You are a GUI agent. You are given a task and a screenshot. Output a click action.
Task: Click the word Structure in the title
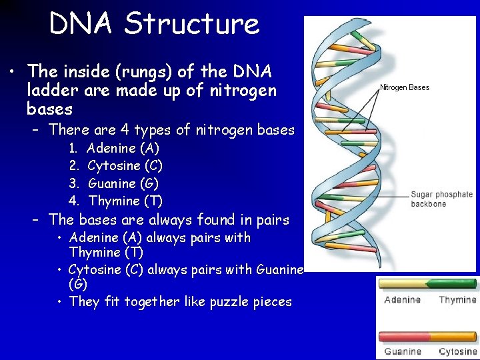click(x=192, y=24)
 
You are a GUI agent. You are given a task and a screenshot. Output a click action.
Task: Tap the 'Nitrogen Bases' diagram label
click(x=405, y=87)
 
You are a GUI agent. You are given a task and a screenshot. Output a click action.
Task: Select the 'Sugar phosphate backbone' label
click(x=441, y=199)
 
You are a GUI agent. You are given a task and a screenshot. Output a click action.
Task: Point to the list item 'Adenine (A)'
click(x=123, y=148)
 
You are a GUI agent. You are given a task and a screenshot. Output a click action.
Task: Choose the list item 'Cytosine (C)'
click(x=125, y=165)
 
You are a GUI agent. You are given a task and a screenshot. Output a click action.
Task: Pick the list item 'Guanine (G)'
click(x=123, y=183)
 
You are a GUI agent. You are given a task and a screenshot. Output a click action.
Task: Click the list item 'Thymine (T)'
click(x=125, y=201)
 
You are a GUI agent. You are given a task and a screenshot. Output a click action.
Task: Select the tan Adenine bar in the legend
click(x=404, y=284)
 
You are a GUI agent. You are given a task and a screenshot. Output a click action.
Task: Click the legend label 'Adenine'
click(x=403, y=300)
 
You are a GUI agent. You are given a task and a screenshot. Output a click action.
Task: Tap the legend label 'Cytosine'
click(x=458, y=351)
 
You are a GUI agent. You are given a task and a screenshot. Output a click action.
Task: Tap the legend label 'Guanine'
click(x=403, y=351)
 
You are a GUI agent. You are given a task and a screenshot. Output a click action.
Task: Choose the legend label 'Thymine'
click(x=457, y=300)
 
